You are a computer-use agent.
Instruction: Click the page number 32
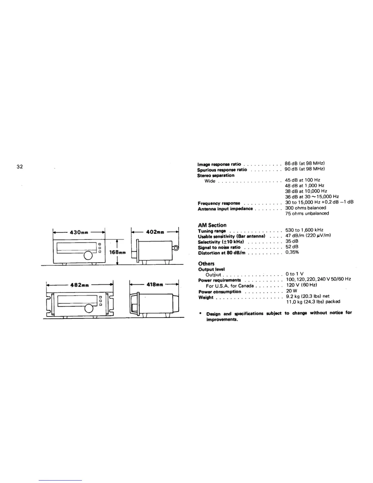tap(20, 167)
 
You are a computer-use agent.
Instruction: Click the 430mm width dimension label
tap(79, 232)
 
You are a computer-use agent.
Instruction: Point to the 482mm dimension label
tap(79, 285)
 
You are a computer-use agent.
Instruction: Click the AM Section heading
tap(212, 225)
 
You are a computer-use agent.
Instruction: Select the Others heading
tap(206, 263)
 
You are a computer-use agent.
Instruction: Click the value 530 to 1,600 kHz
tap(304, 230)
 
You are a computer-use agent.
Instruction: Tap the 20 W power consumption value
tap(291, 291)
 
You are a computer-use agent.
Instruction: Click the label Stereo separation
tap(216, 175)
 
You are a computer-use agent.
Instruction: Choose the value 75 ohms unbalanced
tap(307, 213)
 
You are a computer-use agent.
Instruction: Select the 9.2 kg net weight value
tap(307, 296)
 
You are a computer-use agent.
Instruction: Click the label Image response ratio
tap(219, 164)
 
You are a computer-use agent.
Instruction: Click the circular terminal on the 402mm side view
tap(176, 248)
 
